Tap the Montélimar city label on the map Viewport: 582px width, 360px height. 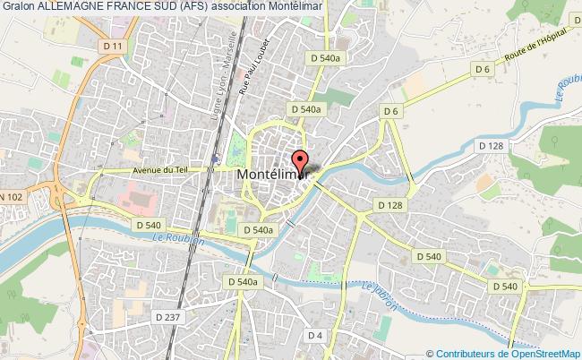(274, 176)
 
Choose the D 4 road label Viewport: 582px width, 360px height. (312, 336)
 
